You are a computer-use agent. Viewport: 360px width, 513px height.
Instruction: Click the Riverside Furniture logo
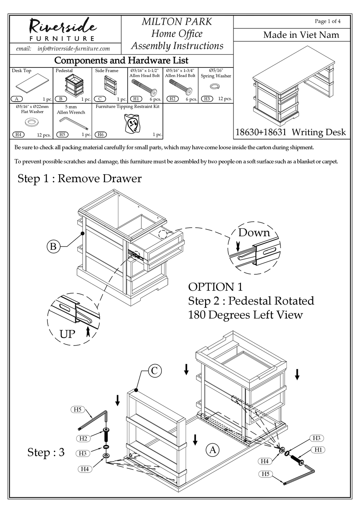pos(63,29)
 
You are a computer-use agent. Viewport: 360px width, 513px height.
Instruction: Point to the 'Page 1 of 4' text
pos(327,21)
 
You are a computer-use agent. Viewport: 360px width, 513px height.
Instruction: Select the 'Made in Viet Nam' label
pos(301,35)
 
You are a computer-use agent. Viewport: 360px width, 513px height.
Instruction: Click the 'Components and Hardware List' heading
pos(121,61)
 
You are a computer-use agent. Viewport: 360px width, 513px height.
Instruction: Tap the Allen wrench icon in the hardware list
pos(74,124)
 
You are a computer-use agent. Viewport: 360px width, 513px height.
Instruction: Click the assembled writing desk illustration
pos(294,87)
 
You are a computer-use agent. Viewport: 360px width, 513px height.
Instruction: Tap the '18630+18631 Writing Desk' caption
pos(291,132)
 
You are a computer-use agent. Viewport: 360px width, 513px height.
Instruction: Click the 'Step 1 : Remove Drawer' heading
pos(80,178)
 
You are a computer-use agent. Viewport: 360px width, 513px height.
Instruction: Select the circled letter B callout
pos(53,247)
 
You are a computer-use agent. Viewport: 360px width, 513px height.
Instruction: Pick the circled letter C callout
pos(154,370)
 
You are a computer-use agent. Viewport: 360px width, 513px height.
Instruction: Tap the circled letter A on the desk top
pos(213,449)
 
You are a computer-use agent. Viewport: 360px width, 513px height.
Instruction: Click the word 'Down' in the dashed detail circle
pos(254,232)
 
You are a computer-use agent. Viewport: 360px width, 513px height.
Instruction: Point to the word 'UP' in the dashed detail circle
pos(67,334)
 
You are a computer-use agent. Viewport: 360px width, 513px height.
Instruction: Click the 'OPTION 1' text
pos(215,287)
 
